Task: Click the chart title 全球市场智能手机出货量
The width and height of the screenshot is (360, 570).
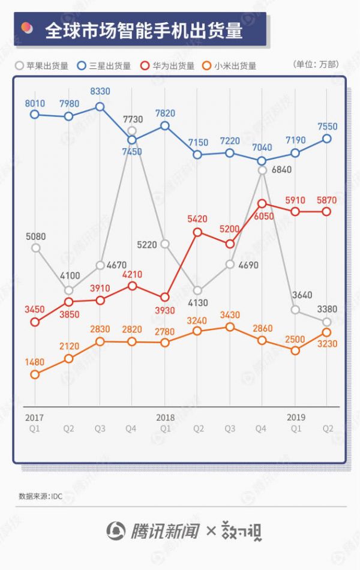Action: (144, 31)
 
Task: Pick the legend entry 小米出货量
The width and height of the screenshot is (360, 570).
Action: (235, 66)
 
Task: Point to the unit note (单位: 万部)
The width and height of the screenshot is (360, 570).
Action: (316, 64)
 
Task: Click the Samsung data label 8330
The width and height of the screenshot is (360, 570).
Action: (101, 92)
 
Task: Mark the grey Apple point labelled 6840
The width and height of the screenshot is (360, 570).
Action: (262, 170)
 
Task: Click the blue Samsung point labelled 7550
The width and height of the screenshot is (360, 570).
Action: (326, 139)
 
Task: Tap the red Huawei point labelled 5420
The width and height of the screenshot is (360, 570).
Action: (197, 232)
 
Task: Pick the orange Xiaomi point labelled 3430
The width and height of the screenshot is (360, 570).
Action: (230, 327)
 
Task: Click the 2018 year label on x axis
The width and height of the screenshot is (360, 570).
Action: (165, 416)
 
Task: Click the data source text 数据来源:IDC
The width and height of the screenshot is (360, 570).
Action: (40, 496)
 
